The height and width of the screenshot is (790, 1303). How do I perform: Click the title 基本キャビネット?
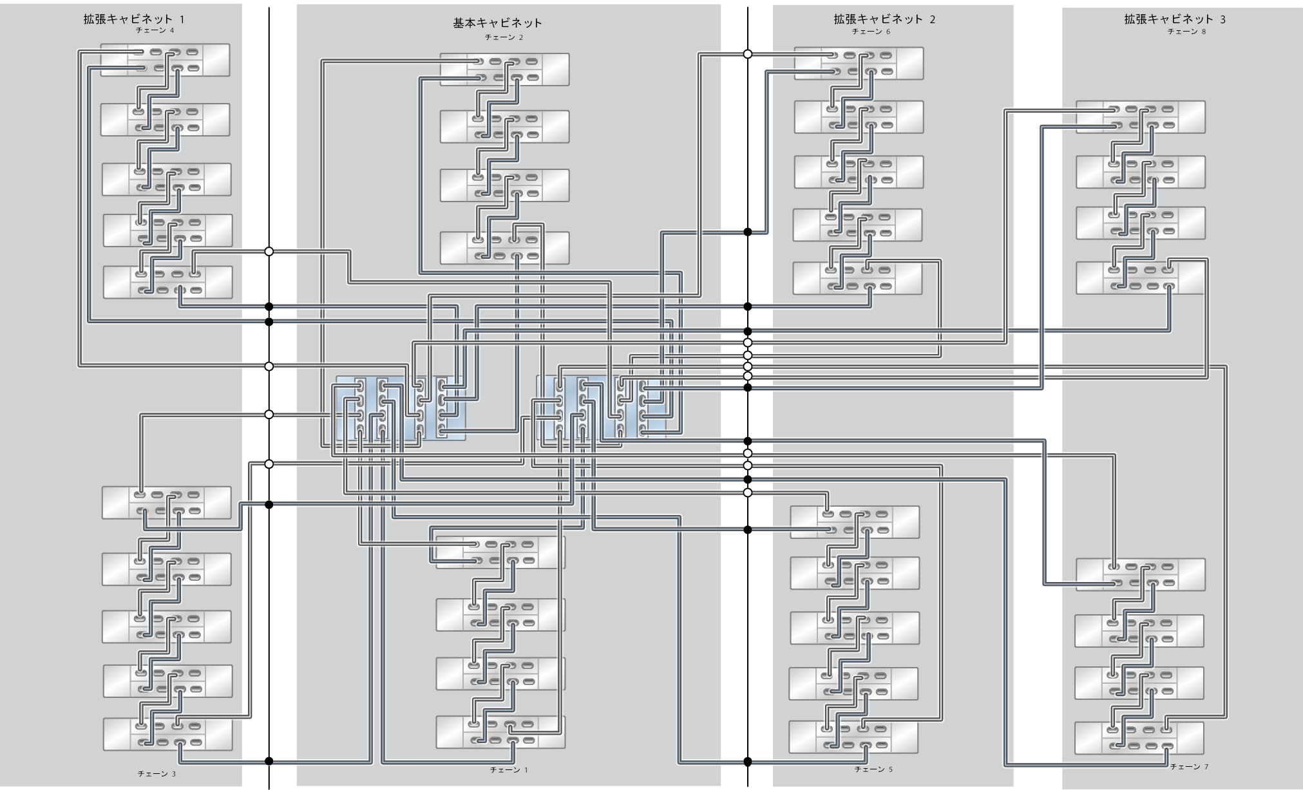(497, 23)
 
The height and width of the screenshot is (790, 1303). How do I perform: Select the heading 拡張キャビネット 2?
(884, 19)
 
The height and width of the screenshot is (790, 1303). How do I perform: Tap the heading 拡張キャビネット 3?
(1174, 19)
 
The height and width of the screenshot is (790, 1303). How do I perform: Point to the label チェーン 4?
(155, 30)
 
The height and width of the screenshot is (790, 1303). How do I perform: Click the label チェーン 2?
(504, 37)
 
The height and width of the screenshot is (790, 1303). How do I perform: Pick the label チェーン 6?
(871, 31)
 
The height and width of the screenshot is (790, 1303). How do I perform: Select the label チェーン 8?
(1186, 31)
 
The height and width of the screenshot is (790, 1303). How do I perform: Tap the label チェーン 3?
(157, 773)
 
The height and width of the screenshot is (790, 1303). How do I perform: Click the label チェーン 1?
(508, 769)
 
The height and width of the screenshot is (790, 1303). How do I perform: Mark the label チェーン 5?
(873, 769)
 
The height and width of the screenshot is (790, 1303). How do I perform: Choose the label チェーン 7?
(1189, 767)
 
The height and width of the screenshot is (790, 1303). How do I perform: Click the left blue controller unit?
(400, 408)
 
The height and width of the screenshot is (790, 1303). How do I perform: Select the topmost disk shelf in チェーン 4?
(166, 60)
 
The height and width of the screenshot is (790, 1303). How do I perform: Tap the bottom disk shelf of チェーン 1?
(500, 732)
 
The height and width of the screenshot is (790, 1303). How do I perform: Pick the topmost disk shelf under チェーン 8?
(1140, 117)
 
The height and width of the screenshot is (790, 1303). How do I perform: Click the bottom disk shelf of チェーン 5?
(853, 737)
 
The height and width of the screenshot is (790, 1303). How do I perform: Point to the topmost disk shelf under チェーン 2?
(504, 70)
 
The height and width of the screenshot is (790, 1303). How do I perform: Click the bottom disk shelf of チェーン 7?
(1139, 738)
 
